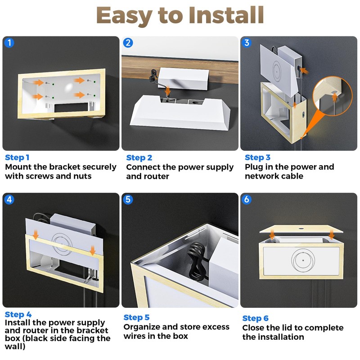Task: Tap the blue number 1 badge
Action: coord(9,43)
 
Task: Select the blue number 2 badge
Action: coord(128,43)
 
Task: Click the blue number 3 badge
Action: coord(247,43)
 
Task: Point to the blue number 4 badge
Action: coord(9,199)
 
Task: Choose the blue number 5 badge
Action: coord(128,199)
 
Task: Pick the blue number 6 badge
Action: coord(247,199)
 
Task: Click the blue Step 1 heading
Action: coord(17,157)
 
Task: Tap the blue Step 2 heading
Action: coord(139,157)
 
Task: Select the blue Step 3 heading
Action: coord(257,157)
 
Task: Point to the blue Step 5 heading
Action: coord(136,318)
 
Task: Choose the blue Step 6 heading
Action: coord(255,318)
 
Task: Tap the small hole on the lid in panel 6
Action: coord(302,229)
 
